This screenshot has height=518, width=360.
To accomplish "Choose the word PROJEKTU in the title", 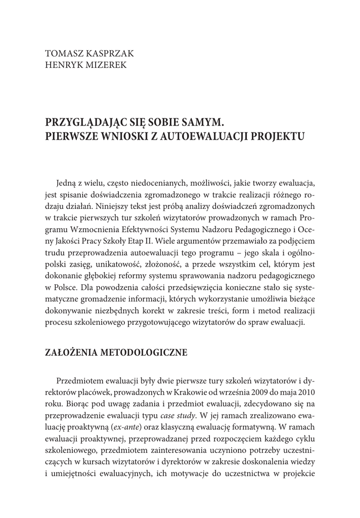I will [x=276, y=136].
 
